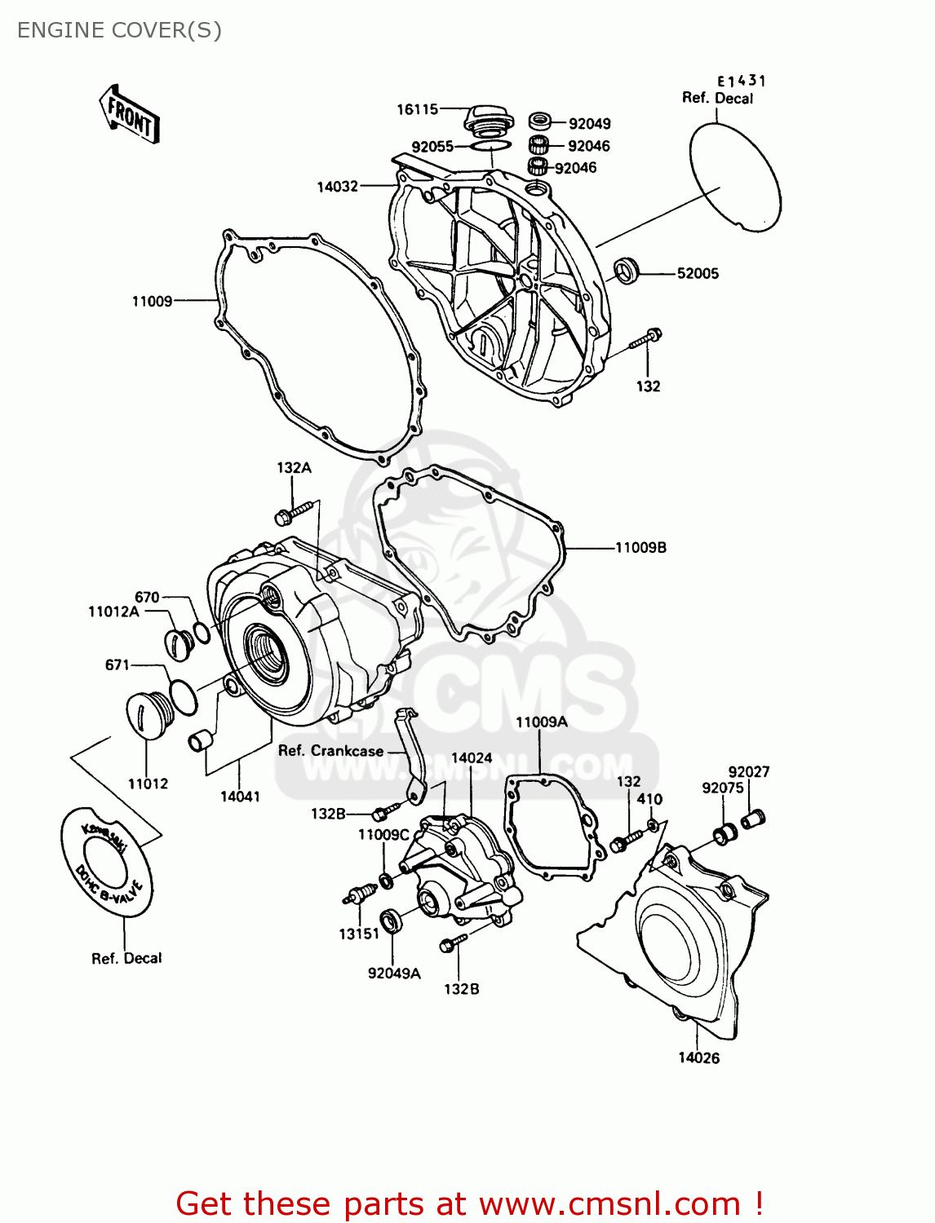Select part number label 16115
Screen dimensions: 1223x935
(x=417, y=109)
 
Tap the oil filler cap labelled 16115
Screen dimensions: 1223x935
(x=489, y=121)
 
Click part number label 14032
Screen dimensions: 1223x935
(x=337, y=187)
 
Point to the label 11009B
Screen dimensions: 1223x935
(x=640, y=548)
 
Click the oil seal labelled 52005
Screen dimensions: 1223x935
(x=627, y=270)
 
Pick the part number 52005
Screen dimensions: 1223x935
(x=698, y=274)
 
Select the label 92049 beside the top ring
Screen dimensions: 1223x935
(x=589, y=124)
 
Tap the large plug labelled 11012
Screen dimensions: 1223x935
(x=148, y=716)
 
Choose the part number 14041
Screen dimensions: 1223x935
(x=240, y=797)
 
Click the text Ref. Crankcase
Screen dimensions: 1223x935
(x=330, y=751)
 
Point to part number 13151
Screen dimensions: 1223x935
(x=359, y=934)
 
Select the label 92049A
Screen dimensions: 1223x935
(x=394, y=974)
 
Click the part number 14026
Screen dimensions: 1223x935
(x=698, y=1058)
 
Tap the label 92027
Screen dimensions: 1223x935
(x=748, y=772)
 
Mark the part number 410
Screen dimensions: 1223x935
(x=649, y=800)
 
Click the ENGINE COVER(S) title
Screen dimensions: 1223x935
(x=119, y=30)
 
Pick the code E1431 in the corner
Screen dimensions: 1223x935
(x=741, y=81)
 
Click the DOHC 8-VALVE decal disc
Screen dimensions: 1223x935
(x=107, y=862)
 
